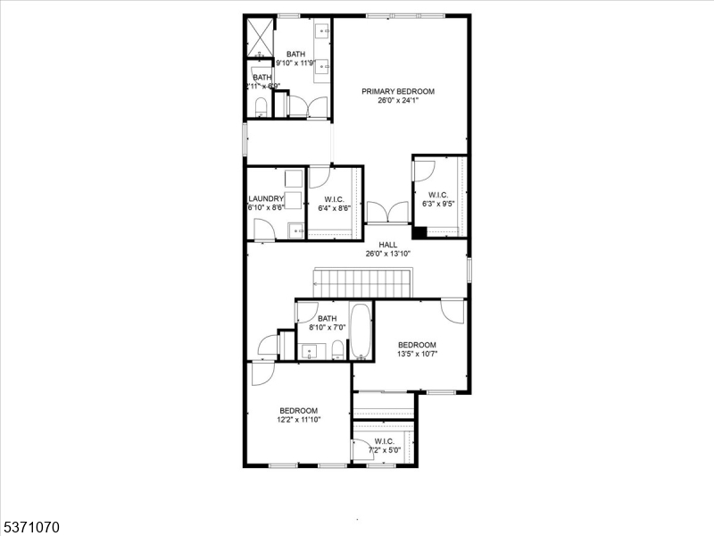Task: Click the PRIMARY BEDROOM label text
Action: [397, 91]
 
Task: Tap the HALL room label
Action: [387, 245]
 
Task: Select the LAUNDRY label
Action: [266, 198]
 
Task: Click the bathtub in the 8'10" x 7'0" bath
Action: [361, 332]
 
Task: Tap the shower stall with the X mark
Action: [260, 38]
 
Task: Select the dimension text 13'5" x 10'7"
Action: [417, 355]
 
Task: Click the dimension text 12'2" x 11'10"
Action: [298, 419]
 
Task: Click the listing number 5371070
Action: [30, 528]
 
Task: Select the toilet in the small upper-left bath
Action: [261, 108]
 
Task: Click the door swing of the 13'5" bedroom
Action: [453, 312]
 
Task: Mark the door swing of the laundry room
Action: [264, 230]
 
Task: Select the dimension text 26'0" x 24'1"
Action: [397, 101]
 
